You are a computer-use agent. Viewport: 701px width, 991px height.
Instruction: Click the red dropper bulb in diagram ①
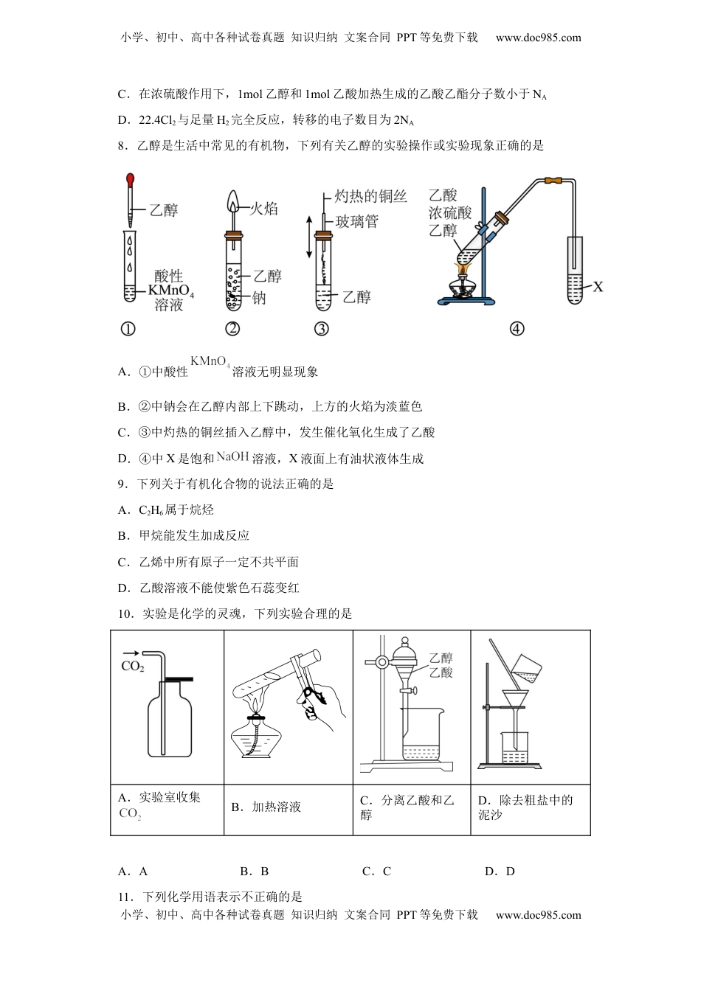pos(131,179)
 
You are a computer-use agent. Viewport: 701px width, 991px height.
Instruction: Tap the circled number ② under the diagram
pos(232,329)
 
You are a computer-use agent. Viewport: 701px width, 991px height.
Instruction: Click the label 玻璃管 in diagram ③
pos(356,221)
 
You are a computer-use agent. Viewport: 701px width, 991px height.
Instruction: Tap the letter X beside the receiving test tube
pos(598,286)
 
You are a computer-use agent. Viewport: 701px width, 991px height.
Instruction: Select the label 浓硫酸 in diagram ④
pos(449,213)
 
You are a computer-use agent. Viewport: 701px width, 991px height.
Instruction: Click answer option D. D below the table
pos(500,871)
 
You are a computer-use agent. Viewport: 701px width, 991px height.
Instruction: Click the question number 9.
pos(122,484)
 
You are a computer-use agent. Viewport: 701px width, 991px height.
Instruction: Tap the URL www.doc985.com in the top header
pos(538,38)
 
